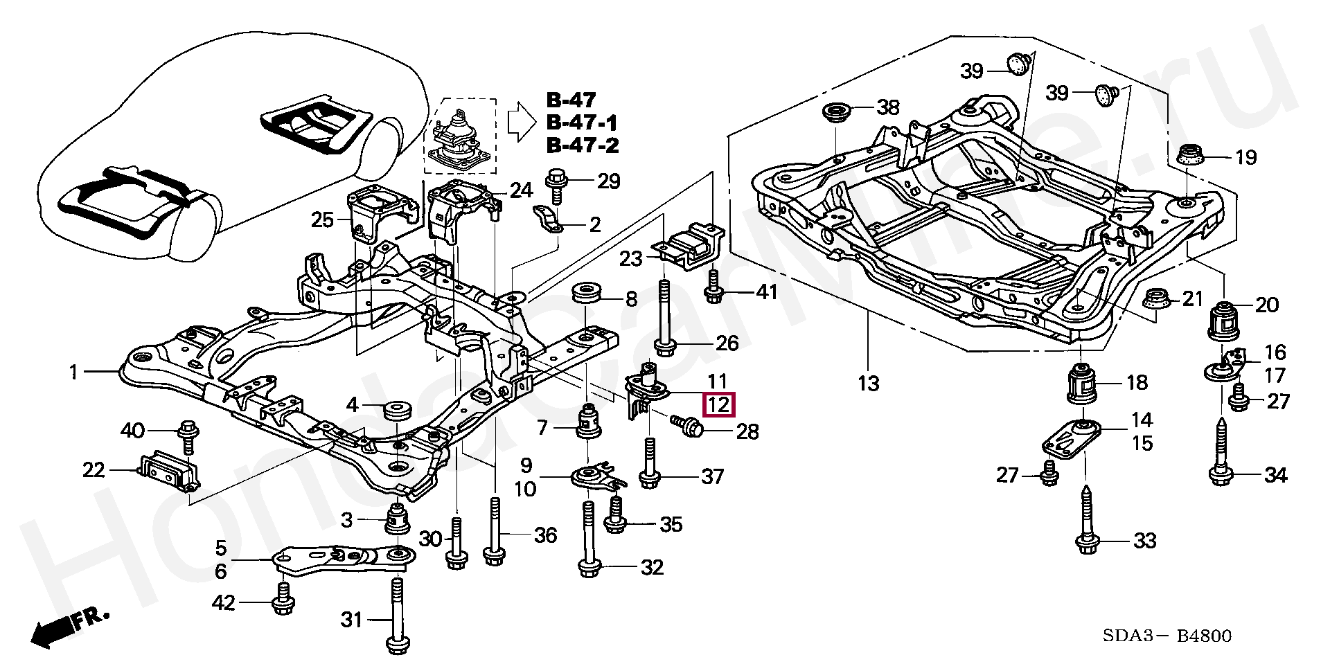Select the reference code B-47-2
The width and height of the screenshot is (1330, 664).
(581, 145)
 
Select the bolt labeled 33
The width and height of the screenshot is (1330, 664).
(1084, 526)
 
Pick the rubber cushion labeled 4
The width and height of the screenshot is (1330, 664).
(396, 408)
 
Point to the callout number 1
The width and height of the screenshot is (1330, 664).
(74, 373)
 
